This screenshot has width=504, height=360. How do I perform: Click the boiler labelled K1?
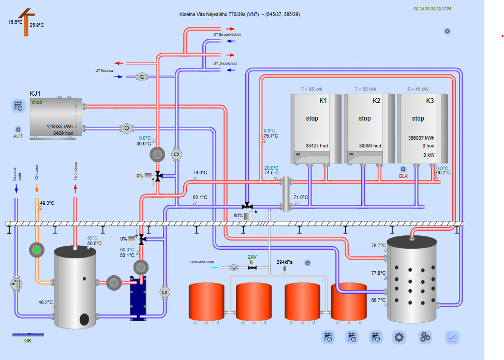(316, 129)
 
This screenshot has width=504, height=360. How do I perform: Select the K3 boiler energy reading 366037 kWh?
(421, 138)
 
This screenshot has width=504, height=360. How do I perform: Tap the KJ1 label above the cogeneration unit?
(35, 93)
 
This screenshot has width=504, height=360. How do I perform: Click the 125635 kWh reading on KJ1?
(60, 126)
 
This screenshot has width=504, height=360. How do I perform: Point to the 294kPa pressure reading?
(285, 262)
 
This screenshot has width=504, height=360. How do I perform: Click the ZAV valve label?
(252, 257)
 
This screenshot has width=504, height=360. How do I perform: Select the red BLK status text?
(403, 176)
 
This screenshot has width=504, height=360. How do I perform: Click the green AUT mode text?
(18, 137)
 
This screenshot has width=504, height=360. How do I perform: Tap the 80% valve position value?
(238, 215)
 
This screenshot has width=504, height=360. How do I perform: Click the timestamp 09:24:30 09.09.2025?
(432, 9)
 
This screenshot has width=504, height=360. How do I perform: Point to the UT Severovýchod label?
(227, 35)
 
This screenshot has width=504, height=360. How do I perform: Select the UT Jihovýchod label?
(225, 64)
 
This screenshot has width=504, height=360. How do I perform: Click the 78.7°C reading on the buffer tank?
(378, 245)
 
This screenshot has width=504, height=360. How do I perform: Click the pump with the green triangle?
(37, 250)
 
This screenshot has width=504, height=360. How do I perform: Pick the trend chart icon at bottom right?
(452, 338)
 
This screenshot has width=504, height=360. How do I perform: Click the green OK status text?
(28, 341)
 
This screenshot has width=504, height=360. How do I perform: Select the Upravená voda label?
(202, 262)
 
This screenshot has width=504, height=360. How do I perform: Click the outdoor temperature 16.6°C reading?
(16, 22)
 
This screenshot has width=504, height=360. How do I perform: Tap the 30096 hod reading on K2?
(370, 146)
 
